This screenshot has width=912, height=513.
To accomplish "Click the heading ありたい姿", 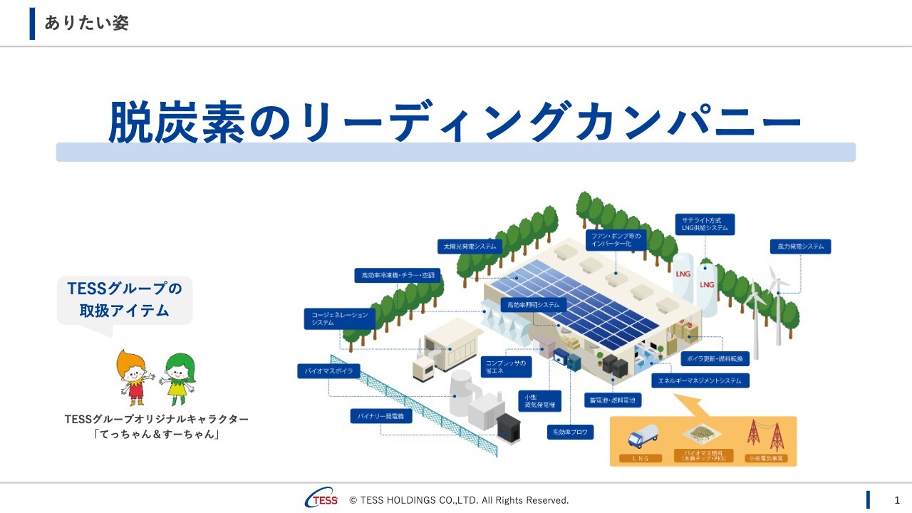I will [x=86, y=23].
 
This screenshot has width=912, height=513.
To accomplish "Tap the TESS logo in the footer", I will [x=321, y=499].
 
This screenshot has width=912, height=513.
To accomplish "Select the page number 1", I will [x=897, y=499].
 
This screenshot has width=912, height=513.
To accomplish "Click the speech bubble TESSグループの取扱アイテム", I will [x=125, y=299].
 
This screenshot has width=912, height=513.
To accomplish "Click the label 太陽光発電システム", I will [x=470, y=247].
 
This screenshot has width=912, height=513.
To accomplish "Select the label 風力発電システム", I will [x=800, y=247].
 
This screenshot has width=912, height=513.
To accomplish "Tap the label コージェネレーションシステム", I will [x=339, y=318].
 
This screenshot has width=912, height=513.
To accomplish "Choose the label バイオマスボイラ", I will [x=328, y=371].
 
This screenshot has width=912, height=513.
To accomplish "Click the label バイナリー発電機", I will [x=381, y=416].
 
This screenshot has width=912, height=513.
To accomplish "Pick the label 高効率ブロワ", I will [x=570, y=432].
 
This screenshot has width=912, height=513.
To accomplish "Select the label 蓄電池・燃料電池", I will [x=612, y=400].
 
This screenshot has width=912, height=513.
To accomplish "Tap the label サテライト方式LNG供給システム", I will [x=705, y=224].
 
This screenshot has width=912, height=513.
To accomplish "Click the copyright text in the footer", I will [x=459, y=500].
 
